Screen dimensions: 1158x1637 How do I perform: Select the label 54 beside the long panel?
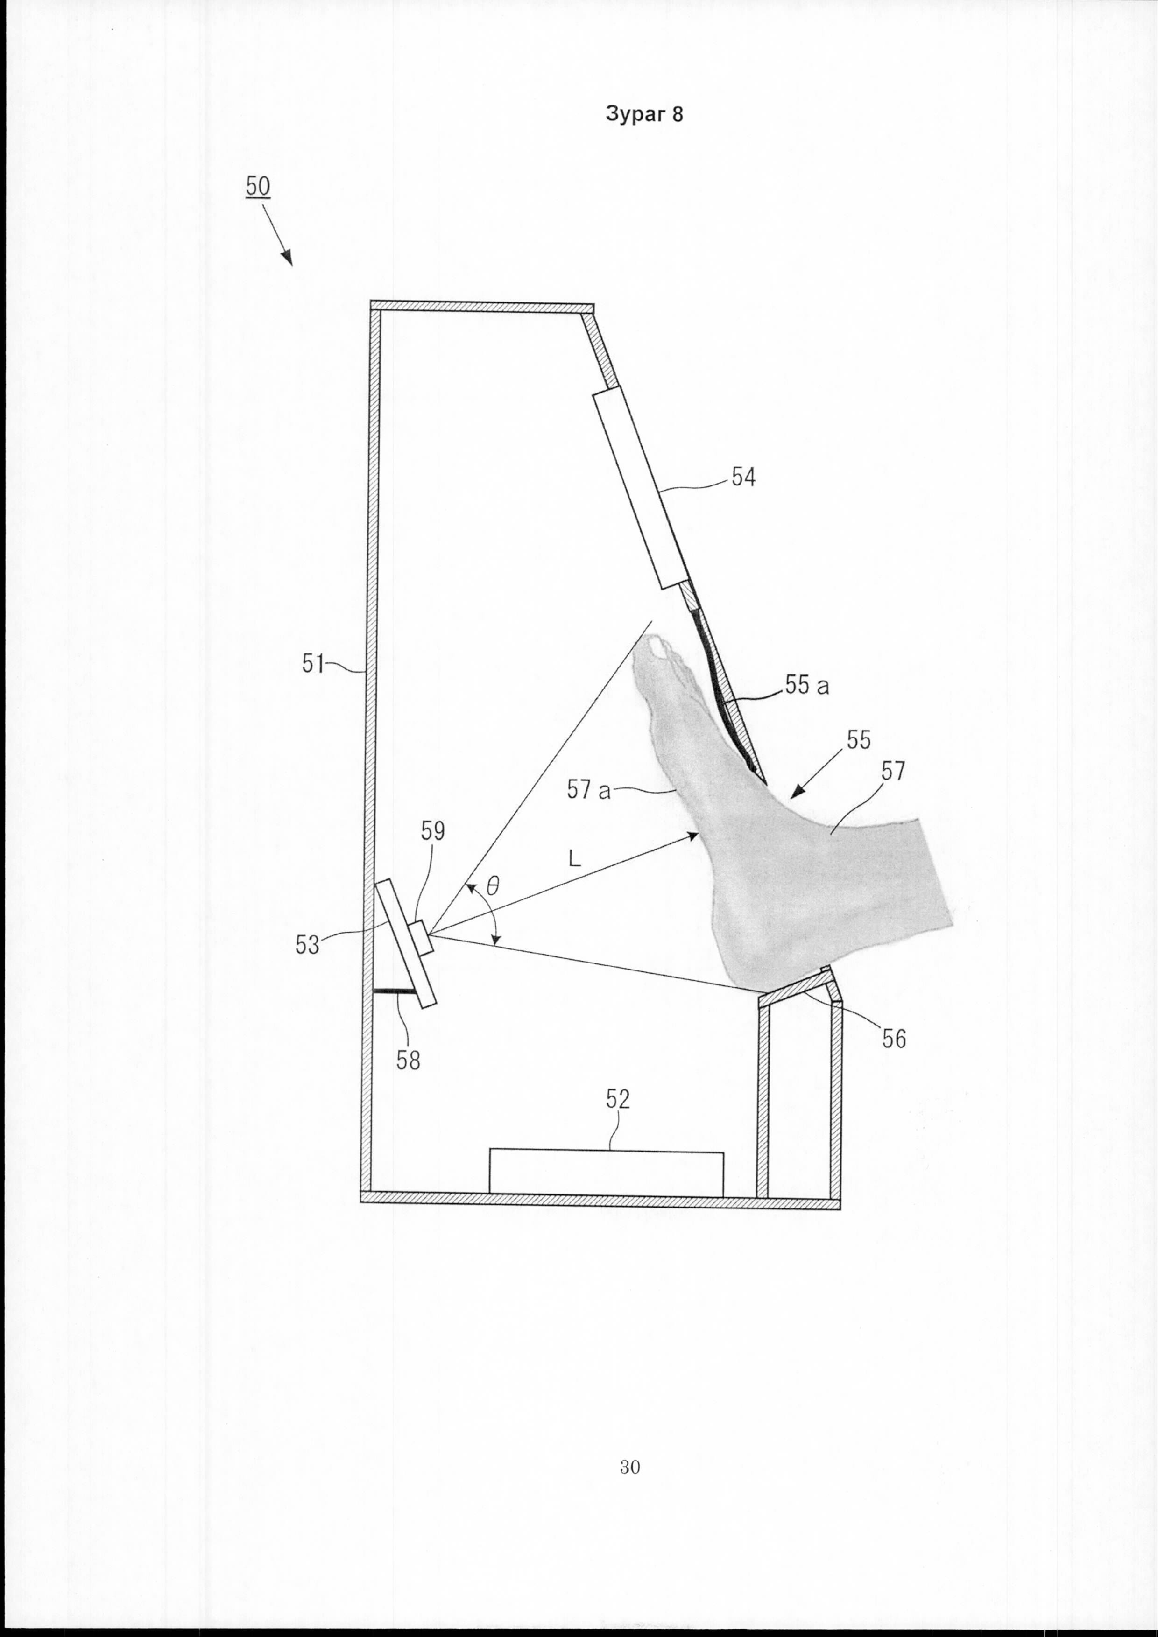coord(742,477)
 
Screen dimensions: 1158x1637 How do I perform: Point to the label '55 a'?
coord(807,685)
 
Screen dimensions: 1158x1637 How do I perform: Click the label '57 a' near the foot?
coord(589,789)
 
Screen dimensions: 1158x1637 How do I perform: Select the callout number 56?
coord(893,1039)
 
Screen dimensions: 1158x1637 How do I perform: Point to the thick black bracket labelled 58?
coord(396,991)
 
